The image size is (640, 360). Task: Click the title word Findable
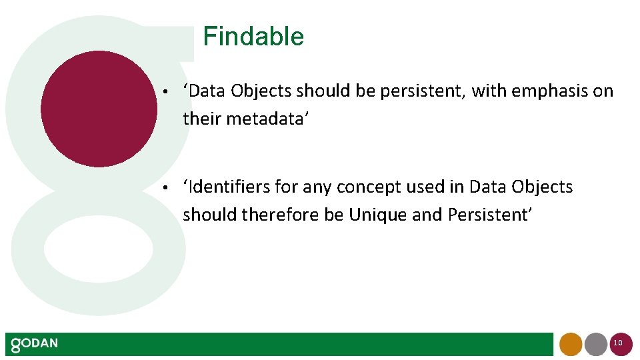point(253,37)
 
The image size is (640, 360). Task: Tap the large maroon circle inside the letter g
point(99,109)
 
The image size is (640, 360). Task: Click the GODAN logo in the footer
point(34,344)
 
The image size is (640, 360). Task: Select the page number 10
point(618,343)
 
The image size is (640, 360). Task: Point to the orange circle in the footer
point(571,344)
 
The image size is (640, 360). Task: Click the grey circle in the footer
point(595,344)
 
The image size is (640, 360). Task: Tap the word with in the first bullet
point(488,91)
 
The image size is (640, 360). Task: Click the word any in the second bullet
point(317,187)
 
